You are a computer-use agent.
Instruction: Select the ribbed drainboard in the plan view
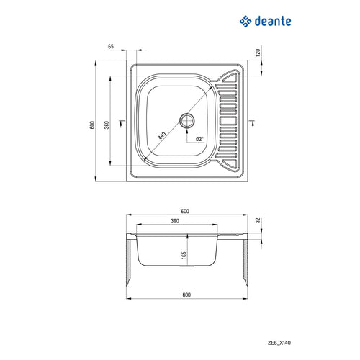click(x=230, y=119)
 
